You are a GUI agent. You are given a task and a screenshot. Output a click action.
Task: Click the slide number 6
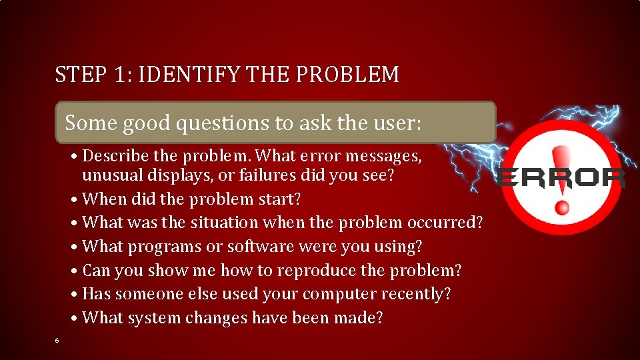[57, 341]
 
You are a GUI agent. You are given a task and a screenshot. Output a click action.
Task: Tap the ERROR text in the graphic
[561, 178]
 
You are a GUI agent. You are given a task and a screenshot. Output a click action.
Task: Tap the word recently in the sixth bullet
[419, 294]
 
